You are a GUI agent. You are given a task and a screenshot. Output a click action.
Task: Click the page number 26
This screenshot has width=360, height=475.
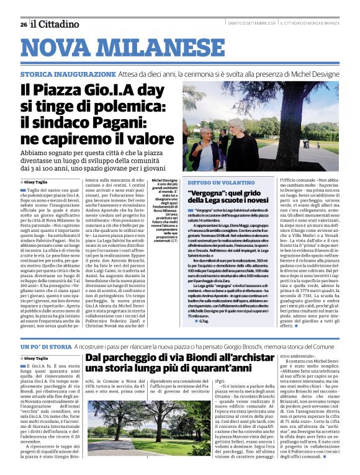(23, 24)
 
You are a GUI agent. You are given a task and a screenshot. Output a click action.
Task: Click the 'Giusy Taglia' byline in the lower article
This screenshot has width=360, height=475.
(34, 358)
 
